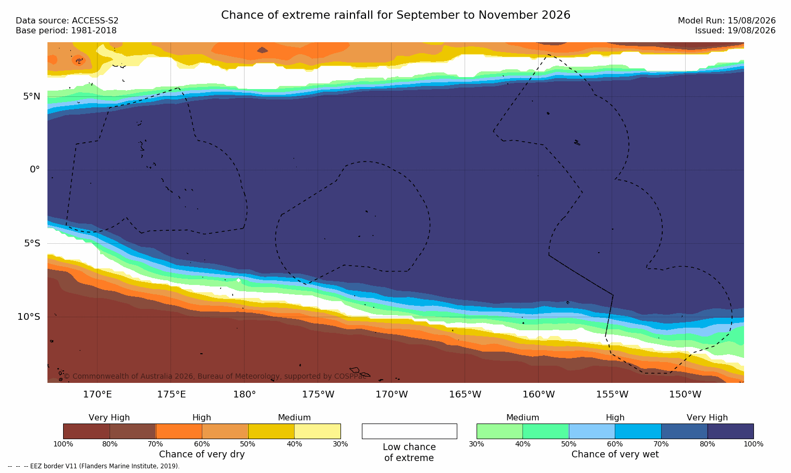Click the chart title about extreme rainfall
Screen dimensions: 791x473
point(395,15)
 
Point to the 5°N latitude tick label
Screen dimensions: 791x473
point(32,96)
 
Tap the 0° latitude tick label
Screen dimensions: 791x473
point(34,170)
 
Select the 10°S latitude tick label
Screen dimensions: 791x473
point(29,317)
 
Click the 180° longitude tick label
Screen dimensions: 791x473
point(245,394)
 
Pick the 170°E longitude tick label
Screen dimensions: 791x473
point(98,394)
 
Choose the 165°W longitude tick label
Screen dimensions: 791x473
point(465,394)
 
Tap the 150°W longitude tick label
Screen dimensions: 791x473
point(686,394)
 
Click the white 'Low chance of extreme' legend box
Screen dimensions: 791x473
point(409,431)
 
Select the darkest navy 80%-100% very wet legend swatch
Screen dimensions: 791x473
point(731,431)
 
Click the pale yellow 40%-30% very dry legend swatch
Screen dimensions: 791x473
point(318,431)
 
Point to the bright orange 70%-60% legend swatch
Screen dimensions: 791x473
point(179,431)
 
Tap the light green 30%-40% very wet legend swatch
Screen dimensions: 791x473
point(500,431)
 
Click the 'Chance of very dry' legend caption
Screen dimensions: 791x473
point(202,454)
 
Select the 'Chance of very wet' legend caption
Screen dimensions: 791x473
point(615,454)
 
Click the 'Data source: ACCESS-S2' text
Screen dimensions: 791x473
point(67,21)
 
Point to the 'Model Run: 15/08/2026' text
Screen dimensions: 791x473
point(727,21)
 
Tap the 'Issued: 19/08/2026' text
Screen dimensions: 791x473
point(735,31)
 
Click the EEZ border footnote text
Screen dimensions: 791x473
point(93,466)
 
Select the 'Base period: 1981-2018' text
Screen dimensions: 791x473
point(66,31)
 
